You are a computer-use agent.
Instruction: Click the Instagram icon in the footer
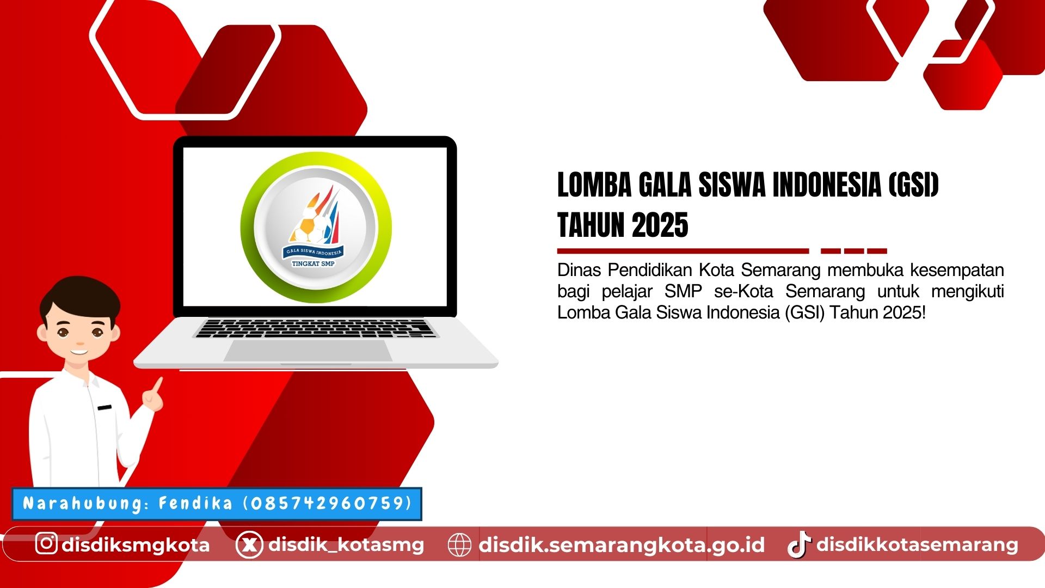(x=46, y=543)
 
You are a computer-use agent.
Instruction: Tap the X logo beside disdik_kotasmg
(x=249, y=544)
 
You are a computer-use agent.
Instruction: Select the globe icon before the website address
(x=459, y=544)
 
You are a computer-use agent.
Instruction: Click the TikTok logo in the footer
(x=798, y=544)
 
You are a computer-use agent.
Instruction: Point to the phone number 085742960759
(x=327, y=503)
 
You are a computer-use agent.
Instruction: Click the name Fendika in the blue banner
(x=195, y=503)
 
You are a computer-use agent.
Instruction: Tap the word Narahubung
(x=82, y=503)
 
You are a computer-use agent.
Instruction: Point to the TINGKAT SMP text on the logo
(x=313, y=264)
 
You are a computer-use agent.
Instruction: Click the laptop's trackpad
(x=308, y=351)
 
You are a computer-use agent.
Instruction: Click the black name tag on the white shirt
(x=104, y=407)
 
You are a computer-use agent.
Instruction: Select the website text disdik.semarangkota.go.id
(x=622, y=544)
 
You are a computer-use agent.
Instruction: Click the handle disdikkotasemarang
(x=917, y=544)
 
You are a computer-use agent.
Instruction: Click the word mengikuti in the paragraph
(x=967, y=291)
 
